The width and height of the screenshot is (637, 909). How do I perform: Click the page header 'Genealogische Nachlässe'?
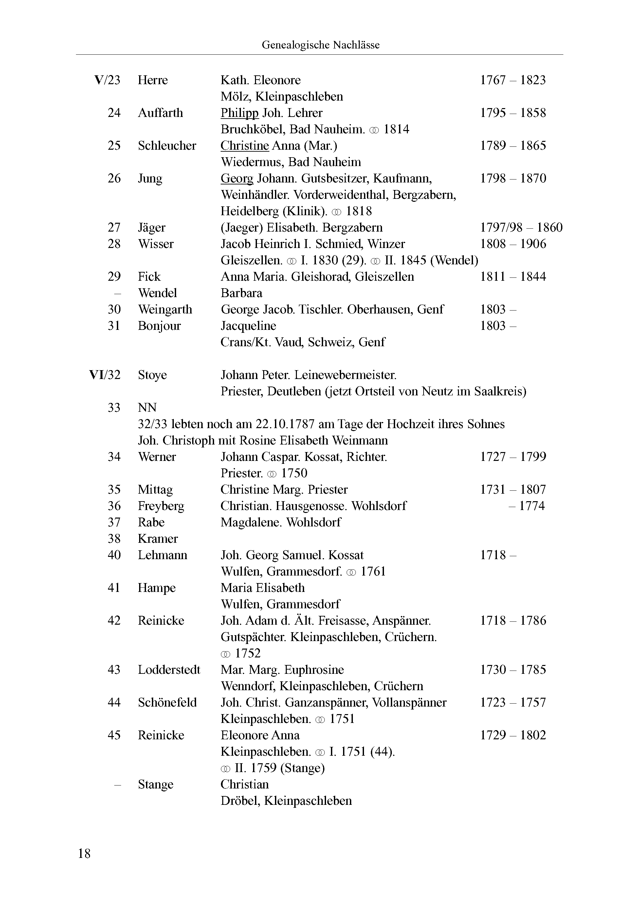click(320, 45)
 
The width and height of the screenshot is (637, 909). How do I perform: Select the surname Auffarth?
click(160, 113)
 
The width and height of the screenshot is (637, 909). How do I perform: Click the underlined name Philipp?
click(239, 113)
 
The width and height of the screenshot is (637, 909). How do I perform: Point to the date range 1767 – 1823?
click(513, 80)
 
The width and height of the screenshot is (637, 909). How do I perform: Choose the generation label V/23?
click(107, 80)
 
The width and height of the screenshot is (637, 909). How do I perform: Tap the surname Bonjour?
click(159, 326)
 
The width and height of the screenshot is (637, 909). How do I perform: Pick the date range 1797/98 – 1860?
click(521, 227)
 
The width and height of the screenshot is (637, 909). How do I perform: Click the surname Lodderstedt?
click(169, 670)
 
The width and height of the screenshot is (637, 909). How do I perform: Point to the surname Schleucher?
click(167, 146)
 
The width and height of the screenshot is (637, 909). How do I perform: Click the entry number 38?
click(114, 539)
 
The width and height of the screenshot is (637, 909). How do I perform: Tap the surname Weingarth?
click(165, 309)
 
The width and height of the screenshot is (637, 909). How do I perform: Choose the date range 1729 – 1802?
click(513, 735)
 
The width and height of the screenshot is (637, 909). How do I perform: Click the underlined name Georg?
click(237, 179)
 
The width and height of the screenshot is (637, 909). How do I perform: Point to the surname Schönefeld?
click(167, 702)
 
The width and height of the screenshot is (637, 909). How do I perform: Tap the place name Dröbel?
click(239, 801)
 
